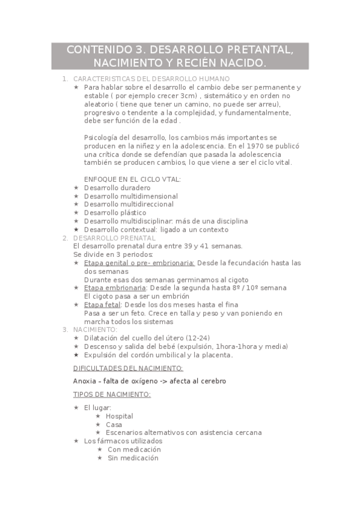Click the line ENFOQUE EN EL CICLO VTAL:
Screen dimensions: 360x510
tap(132, 179)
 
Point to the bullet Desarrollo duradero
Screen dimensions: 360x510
tap(117, 188)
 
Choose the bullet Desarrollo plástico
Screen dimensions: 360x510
tap(115, 212)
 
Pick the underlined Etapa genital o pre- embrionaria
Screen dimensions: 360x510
tap(139, 263)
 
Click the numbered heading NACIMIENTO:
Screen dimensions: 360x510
tap(95, 330)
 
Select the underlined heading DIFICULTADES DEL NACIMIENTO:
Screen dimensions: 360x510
tap(128, 367)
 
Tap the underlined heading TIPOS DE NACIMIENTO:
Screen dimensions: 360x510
tap(112, 394)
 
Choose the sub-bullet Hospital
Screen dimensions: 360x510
tap(119, 416)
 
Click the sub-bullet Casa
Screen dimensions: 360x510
tap(114, 425)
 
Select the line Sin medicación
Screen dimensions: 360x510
tap(133, 458)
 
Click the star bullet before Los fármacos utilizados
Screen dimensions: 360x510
tap(76, 441)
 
